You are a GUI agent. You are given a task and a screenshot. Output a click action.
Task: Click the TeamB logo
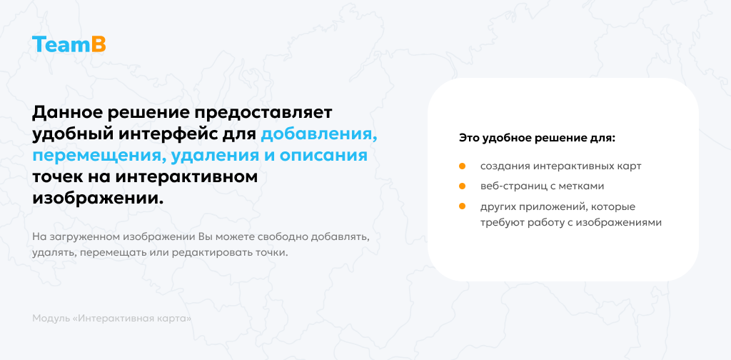click(69, 44)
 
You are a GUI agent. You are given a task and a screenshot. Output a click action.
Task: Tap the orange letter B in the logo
click(99, 44)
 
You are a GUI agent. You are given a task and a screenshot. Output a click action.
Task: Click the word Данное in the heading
click(66, 113)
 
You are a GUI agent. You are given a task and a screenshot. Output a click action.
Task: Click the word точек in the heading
click(56, 177)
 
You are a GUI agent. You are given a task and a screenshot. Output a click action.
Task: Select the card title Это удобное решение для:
click(537, 136)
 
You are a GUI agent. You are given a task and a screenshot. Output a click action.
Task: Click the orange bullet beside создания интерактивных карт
click(462, 166)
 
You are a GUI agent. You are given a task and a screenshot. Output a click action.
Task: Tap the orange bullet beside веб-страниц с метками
click(462, 186)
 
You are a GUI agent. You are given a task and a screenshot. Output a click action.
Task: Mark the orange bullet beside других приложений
click(462, 206)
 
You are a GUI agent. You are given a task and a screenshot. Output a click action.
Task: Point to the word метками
click(583, 186)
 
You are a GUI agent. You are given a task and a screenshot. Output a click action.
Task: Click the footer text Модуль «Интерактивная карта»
click(112, 318)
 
